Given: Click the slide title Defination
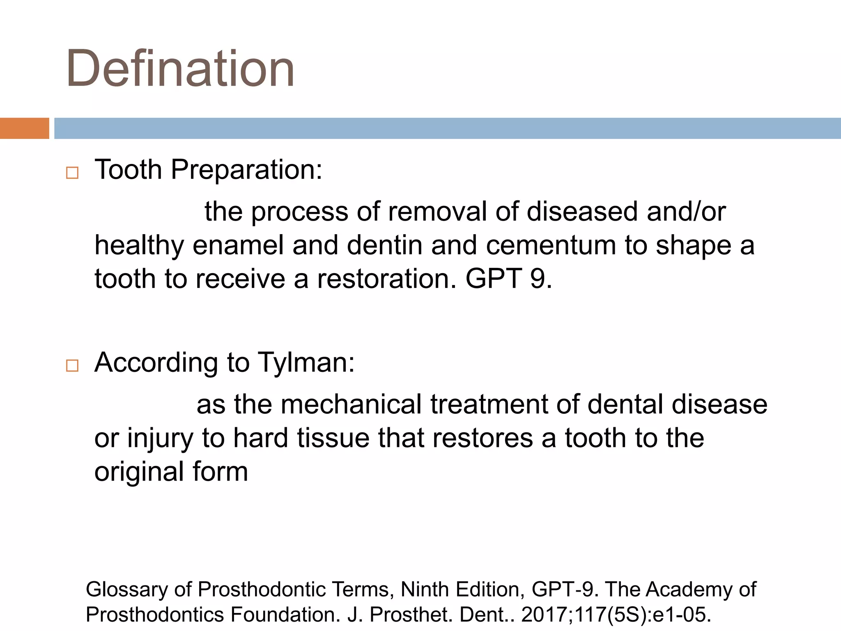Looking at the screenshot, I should pyautogui.click(x=180, y=69).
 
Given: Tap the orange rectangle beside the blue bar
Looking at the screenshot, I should pyautogui.click(x=24, y=128).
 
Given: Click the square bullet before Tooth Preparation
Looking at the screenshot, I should pyautogui.click(x=72, y=173).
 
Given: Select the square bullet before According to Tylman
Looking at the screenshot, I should pyautogui.click(x=72, y=365).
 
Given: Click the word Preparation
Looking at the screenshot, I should pyautogui.click(x=246, y=170).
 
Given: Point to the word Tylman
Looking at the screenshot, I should pyautogui.click(x=306, y=363).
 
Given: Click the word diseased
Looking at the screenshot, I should pyautogui.click(x=581, y=212).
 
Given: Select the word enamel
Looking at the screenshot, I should pyautogui.click(x=238, y=245).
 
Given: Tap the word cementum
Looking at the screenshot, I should pyautogui.click(x=551, y=245).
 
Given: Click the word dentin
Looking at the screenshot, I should pyautogui.click(x=384, y=245).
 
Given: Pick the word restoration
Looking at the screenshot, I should pyautogui.click(x=386, y=279).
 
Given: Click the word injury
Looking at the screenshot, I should pyautogui.click(x=160, y=438).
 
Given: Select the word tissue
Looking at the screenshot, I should pyautogui.click(x=333, y=438).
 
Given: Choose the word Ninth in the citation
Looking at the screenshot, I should pyautogui.click(x=425, y=590).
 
